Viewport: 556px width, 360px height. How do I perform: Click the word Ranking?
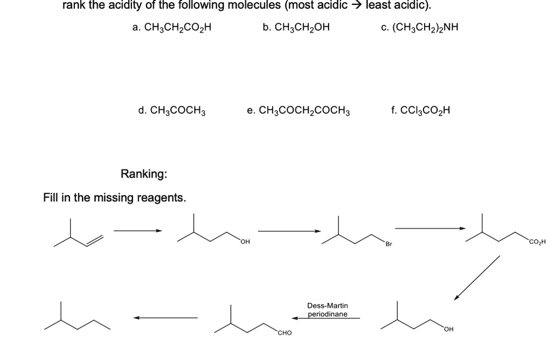click(x=144, y=174)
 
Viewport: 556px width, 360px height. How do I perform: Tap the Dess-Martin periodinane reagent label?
click(x=327, y=310)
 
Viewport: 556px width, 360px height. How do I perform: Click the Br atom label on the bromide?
click(x=388, y=243)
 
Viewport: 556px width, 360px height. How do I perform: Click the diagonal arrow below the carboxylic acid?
click(x=477, y=277)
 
